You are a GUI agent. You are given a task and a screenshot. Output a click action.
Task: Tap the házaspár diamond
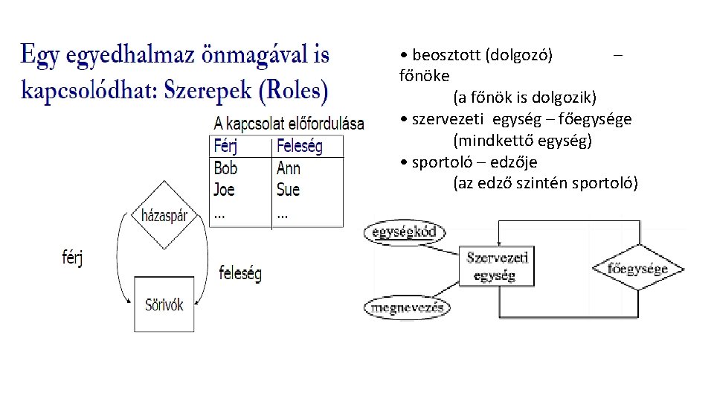click(x=164, y=216)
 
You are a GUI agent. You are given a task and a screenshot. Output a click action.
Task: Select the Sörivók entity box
click(x=164, y=304)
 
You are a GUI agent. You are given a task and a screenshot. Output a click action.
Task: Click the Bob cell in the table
click(x=225, y=168)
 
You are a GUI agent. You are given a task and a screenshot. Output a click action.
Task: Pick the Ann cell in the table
click(x=289, y=168)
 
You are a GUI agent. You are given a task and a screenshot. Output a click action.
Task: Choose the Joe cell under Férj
click(x=224, y=189)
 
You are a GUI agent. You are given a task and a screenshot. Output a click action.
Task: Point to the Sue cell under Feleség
click(x=288, y=189)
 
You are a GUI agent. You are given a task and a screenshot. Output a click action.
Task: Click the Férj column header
click(x=226, y=146)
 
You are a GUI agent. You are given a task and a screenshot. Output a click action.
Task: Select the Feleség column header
click(x=300, y=146)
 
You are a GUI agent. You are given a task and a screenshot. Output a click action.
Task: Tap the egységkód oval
click(x=404, y=233)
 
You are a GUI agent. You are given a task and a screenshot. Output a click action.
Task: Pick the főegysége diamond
click(x=637, y=269)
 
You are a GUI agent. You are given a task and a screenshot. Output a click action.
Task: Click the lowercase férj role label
click(x=72, y=258)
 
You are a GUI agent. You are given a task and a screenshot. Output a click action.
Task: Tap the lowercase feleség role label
click(x=240, y=273)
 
